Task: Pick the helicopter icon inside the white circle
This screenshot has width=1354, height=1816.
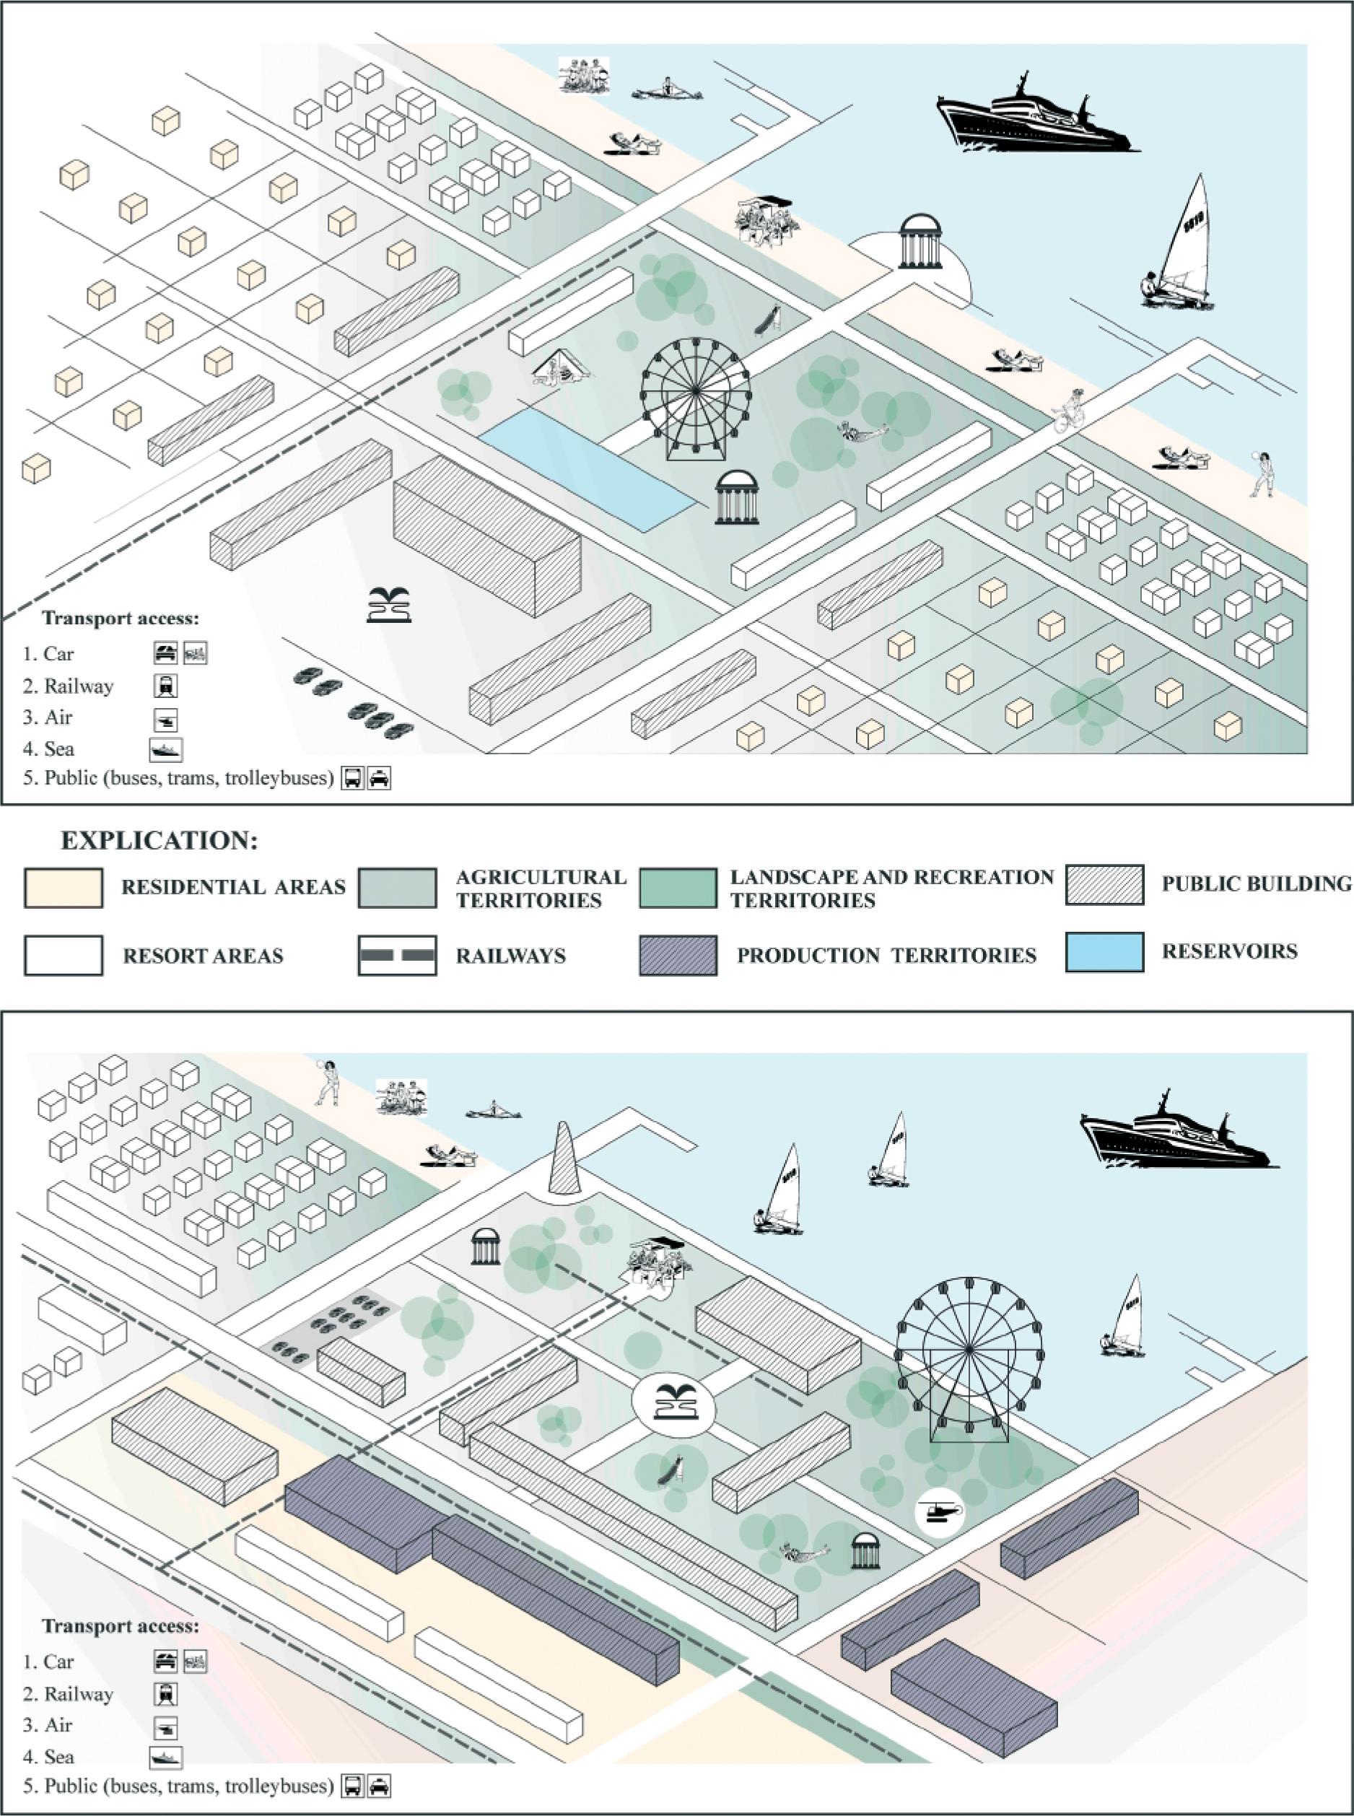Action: coord(939,1511)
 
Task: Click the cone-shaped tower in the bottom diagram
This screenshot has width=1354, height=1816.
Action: coord(564,1158)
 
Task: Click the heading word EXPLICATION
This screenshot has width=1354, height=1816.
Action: coord(160,841)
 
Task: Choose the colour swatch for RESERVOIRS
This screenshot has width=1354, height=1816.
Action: coord(1104,952)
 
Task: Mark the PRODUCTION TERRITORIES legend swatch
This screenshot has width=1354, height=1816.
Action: coord(678,956)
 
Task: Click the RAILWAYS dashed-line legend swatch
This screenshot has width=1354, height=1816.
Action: coord(397,956)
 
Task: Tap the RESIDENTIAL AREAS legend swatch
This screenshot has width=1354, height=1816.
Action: coord(63,889)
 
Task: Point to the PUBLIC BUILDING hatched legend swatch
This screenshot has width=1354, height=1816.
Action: coord(1104,885)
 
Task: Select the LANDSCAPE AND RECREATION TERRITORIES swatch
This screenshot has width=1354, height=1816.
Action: coord(678,889)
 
